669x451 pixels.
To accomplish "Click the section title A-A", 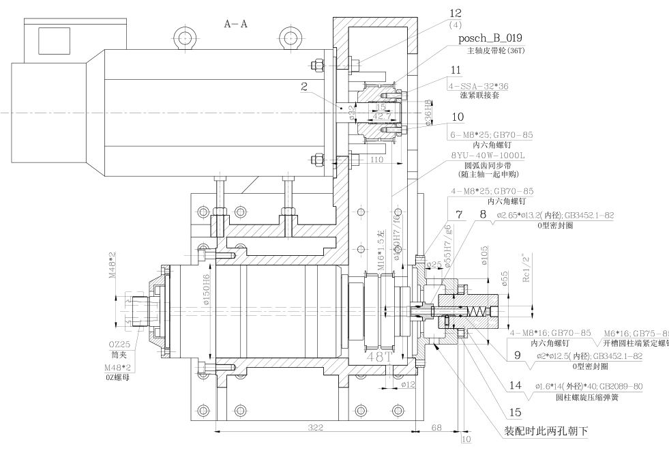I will [236, 24].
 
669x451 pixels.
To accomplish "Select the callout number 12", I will [456, 13].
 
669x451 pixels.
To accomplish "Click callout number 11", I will [456, 70].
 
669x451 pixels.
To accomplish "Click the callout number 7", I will [460, 215].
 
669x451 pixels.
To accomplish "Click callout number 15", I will [517, 413].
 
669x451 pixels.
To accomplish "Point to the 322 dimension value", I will [314, 426].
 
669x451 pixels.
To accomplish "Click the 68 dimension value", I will [437, 427].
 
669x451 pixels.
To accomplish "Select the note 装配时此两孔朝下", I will [546, 431].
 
